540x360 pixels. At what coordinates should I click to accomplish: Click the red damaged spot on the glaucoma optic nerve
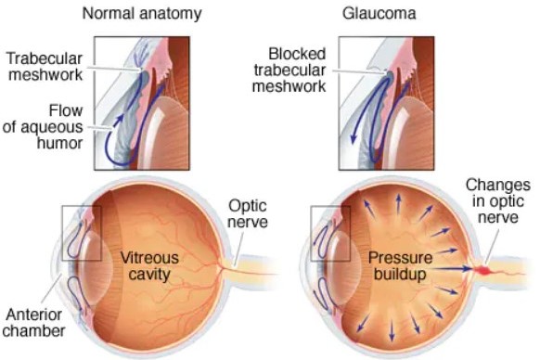tap(484, 271)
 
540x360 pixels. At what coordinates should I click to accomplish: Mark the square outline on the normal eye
tap(79, 232)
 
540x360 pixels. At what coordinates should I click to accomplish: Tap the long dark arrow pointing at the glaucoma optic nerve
tap(450, 268)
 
